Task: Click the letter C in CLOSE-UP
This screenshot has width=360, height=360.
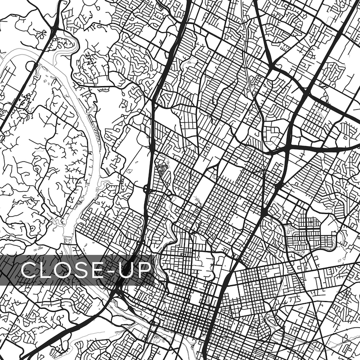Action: (30, 270)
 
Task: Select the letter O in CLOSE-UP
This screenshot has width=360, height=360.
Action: (66, 270)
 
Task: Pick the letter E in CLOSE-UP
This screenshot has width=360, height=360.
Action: (101, 270)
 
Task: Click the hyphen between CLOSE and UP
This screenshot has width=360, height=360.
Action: (115, 271)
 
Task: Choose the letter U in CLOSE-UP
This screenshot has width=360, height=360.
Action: (128, 270)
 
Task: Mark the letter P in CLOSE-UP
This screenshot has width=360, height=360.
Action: (146, 270)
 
